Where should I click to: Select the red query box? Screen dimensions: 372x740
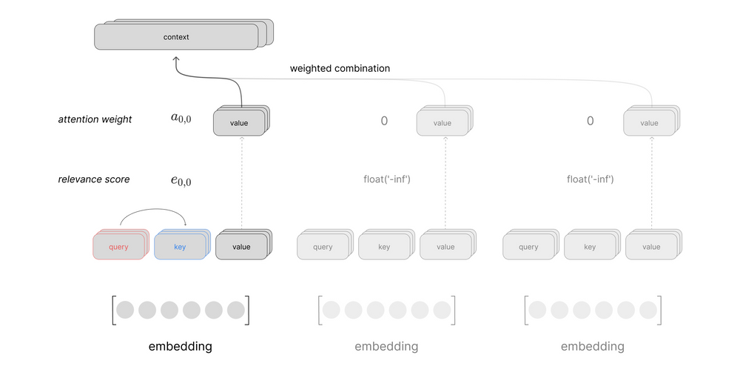coord(118,248)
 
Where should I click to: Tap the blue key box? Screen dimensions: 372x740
coord(180,248)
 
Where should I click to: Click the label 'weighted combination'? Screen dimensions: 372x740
coord(340,68)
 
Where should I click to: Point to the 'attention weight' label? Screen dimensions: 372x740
coord(95,119)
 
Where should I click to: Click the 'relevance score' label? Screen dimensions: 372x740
coord(94,179)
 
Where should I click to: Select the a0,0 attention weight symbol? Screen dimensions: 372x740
coord(181,117)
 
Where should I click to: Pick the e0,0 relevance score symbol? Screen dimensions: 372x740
coord(181,180)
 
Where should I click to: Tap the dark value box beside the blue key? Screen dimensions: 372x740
coord(241,248)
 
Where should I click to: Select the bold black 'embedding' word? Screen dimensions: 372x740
coord(180,346)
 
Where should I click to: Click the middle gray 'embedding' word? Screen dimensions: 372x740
coord(386,346)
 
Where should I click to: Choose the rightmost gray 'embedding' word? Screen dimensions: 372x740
coord(592,346)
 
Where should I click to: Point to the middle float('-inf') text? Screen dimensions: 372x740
coord(384,179)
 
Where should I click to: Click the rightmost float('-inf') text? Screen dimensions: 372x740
coord(590,179)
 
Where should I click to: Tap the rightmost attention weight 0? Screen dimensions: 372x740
coord(590,120)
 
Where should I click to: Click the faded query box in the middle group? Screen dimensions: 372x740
coord(323,248)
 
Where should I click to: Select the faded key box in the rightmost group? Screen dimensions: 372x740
coord(590,248)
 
